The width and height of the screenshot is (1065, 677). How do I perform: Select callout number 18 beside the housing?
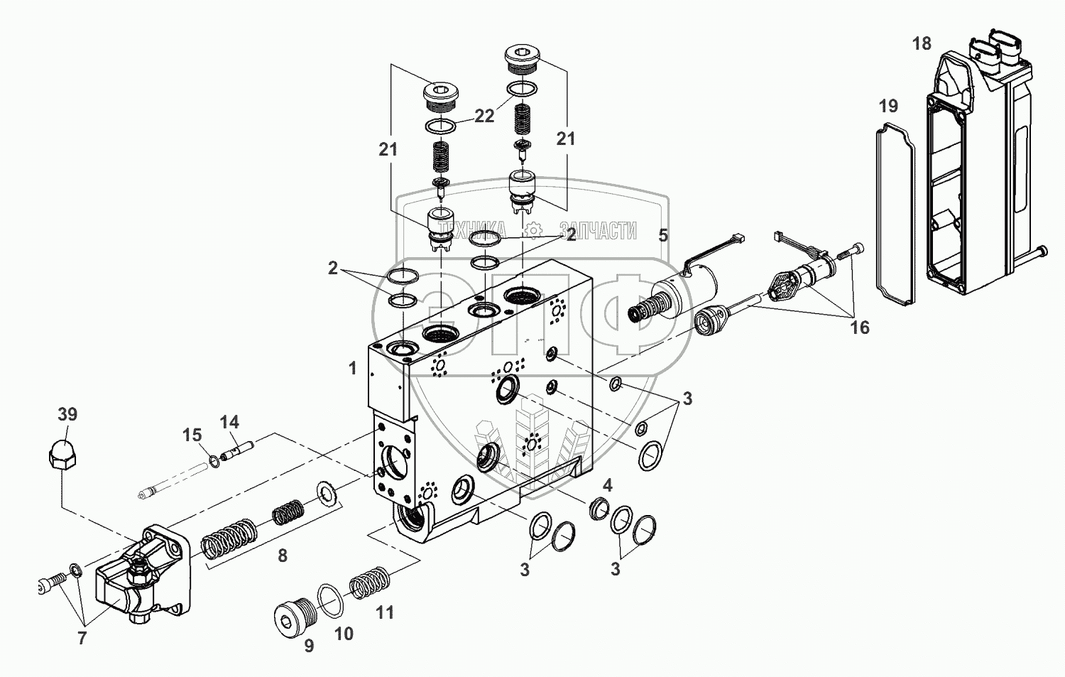click(921, 44)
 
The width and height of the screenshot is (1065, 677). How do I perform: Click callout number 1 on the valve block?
click(352, 368)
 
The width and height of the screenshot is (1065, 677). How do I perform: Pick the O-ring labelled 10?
click(331, 601)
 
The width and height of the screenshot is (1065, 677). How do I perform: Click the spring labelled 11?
click(371, 582)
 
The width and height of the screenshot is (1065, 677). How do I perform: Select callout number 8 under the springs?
click(283, 556)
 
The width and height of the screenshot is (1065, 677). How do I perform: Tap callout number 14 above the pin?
click(229, 422)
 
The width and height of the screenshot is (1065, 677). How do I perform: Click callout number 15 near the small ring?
click(192, 435)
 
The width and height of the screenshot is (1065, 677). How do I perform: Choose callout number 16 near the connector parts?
click(859, 327)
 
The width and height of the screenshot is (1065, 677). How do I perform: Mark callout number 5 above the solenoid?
click(662, 235)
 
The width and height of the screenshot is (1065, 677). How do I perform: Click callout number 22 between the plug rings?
click(484, 117)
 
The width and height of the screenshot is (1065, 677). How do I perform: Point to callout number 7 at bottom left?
click(82, 638)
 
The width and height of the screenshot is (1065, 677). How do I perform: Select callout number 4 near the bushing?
click(608, 486)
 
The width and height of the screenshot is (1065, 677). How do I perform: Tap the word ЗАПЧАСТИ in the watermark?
click(598, 230)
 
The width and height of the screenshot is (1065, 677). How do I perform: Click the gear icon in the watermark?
click(532, 230)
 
